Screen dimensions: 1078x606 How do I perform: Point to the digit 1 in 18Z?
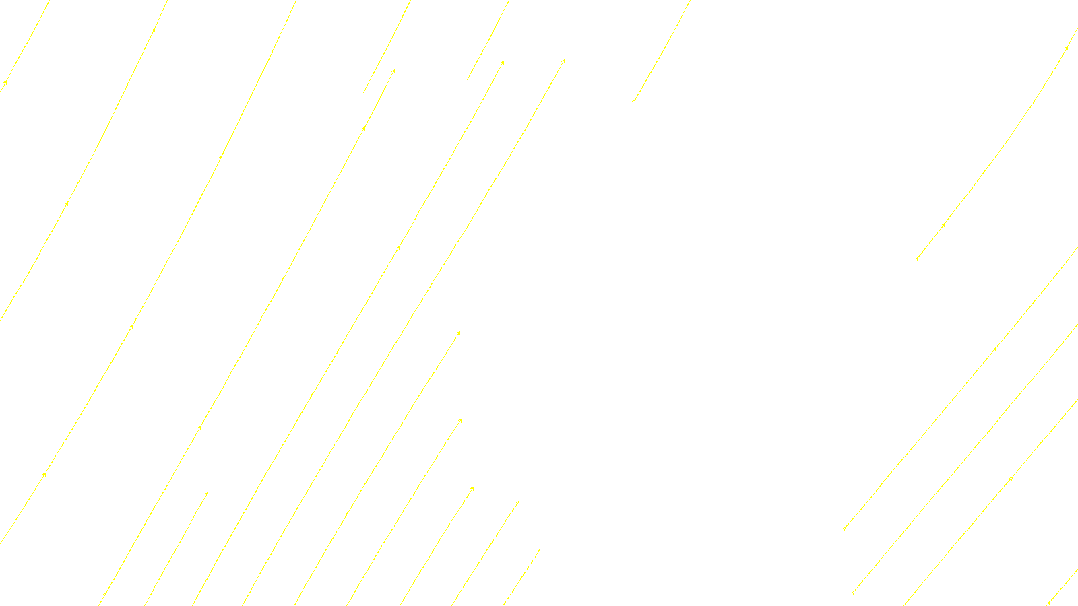[506, 595]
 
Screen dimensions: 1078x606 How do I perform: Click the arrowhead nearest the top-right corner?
[1067, 48]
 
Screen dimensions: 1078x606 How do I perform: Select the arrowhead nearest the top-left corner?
[5, 83]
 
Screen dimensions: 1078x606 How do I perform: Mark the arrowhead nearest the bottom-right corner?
[1049, 602]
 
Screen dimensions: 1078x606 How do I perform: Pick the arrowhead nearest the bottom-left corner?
[104, 594]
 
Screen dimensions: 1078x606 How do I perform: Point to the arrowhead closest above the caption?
[539, 551]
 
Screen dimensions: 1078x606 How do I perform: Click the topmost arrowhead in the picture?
[154, 30]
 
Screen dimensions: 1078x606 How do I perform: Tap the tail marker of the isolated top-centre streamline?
[634, 101]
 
